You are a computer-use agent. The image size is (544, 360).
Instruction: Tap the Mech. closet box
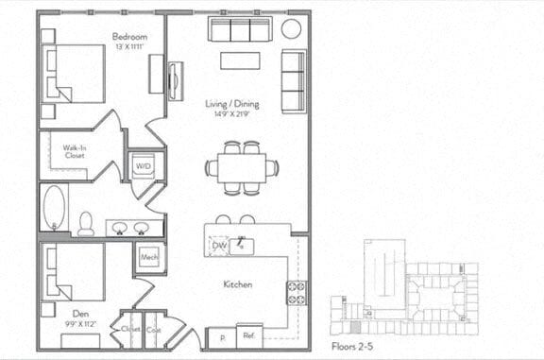coord(149,257)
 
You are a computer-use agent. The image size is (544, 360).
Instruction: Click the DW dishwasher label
coord(218,246)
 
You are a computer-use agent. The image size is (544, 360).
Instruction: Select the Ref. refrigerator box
coord(249,335)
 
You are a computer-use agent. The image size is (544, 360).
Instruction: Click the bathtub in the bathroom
coord(55,208)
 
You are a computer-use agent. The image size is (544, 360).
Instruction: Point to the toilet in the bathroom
coord(86,224)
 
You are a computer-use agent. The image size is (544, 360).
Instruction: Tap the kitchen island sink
coord(244,246)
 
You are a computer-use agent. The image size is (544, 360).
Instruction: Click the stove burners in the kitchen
coord(297,292)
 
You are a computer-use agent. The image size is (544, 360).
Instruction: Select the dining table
coord(242,167)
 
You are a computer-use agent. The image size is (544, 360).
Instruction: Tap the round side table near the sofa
coord(291,27)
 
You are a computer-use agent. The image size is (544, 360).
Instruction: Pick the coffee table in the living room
coord(241,60)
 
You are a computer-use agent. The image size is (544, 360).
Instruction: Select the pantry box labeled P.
coord(221,336)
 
